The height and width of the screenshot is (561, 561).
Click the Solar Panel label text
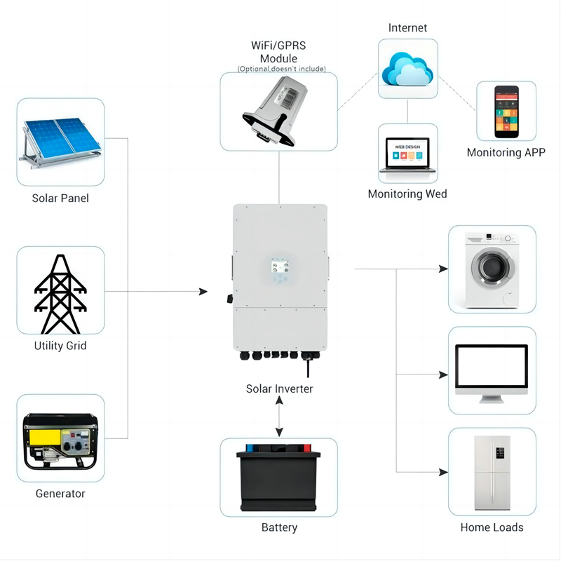tap(60, 198)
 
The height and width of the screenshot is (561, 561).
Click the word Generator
tap(60, 494)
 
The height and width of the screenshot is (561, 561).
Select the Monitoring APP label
tap(506, 152)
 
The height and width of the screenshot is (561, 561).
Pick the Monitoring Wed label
tap(407, 194)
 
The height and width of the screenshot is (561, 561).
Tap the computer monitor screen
tap(491, 366)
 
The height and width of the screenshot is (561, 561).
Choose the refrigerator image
tap(492, 473)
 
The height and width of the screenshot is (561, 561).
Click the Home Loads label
tap(492, 527)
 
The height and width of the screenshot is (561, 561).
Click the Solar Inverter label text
tap(279, 388)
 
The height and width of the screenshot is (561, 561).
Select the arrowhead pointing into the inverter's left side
tap(204, 291)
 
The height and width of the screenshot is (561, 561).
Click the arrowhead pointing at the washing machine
tap(443, 269)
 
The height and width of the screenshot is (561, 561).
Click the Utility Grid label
tap(60, 346)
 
